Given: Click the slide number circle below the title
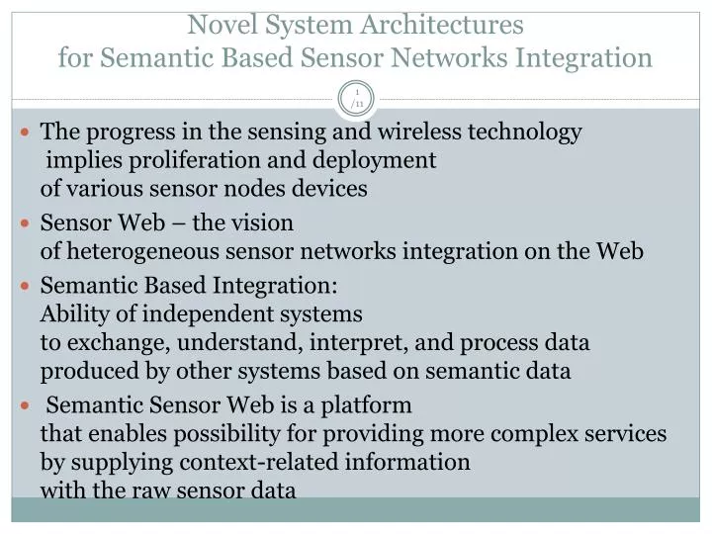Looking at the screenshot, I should point(356,99).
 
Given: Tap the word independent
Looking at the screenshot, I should point(200,314).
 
